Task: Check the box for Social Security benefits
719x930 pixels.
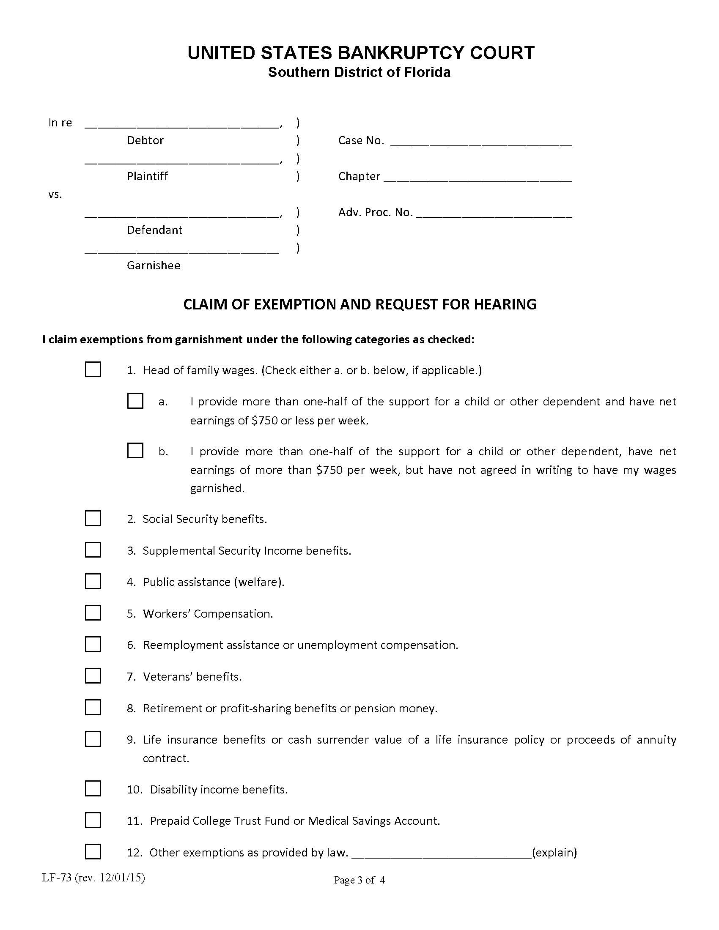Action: [93, 518]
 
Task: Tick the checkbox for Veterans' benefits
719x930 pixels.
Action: [93, 676]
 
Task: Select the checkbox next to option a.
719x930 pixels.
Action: [135, 401]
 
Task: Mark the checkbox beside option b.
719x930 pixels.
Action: [135, 451]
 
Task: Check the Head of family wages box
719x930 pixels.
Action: [93, 369]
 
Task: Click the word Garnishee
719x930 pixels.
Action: [154, 265]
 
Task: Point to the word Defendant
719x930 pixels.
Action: [155, 230]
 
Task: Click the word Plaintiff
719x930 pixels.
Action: [147, 176]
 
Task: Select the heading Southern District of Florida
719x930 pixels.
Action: [359, 72]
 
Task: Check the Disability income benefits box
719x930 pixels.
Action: [93, 789]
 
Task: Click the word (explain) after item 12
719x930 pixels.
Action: [554, 852]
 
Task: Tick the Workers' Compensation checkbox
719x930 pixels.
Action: [93, 613]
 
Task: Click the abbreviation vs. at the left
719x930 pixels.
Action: [55, 195]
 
